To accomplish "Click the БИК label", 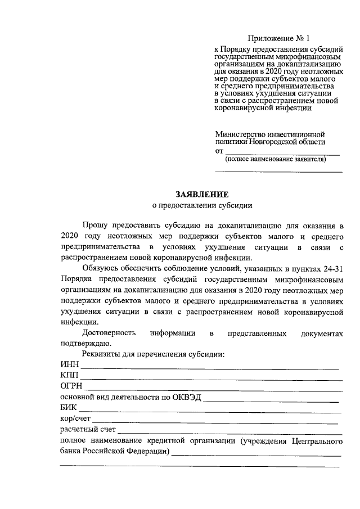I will point(68,407).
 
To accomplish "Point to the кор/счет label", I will point(75,418).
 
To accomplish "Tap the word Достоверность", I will point(109,333).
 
